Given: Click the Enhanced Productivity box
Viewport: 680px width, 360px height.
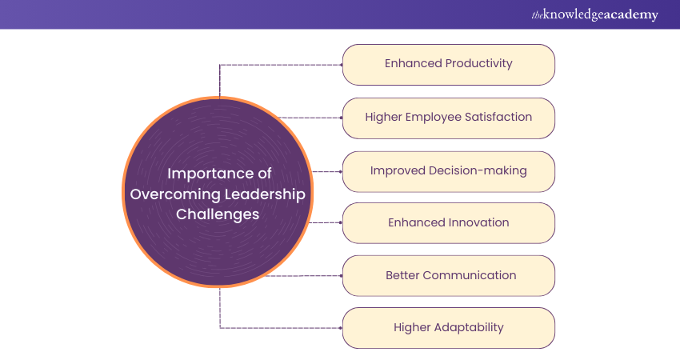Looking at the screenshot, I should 448,64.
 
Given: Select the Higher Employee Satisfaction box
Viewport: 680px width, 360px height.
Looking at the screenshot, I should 448,118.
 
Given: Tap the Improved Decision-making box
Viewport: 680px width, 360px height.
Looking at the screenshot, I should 448,171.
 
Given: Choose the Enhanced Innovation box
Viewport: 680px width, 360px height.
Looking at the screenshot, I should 448,223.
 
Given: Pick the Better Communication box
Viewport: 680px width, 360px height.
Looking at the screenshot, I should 448,276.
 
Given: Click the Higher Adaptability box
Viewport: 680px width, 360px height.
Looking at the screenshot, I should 448,328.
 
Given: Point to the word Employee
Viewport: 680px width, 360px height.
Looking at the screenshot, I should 432,117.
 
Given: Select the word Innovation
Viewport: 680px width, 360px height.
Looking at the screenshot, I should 477,222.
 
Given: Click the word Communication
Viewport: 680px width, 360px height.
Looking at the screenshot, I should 469,275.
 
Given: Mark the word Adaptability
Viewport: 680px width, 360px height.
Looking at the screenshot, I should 470,327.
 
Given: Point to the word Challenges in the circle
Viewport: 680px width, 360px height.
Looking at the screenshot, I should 219,215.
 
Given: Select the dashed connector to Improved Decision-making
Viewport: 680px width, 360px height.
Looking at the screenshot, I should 326,171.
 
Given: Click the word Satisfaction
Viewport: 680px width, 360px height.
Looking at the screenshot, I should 499,117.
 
